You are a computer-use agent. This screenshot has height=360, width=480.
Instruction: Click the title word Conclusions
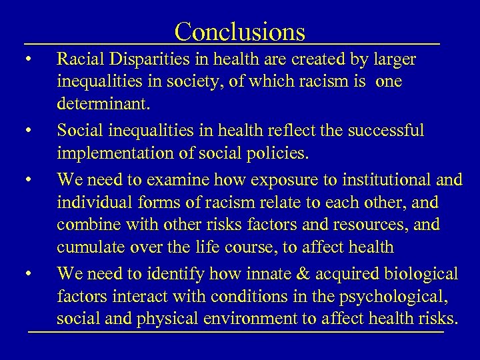[240, 31]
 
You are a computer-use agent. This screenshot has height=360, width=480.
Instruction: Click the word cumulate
[89, 247]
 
